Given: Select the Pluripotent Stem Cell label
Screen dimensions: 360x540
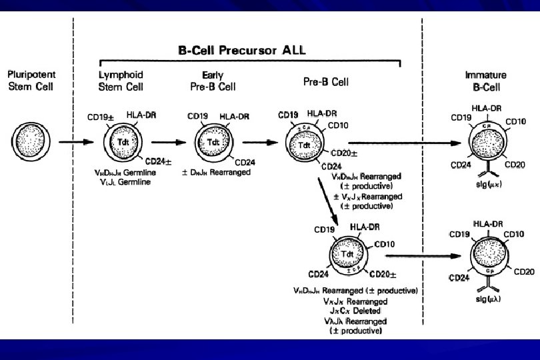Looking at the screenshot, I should pos(28,81).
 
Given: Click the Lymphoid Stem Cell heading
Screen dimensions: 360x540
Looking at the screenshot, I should pos(121,81).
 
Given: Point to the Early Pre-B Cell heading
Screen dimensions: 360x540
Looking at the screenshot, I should pos(212,81).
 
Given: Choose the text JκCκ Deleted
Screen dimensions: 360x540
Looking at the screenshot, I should pos(354,311).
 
